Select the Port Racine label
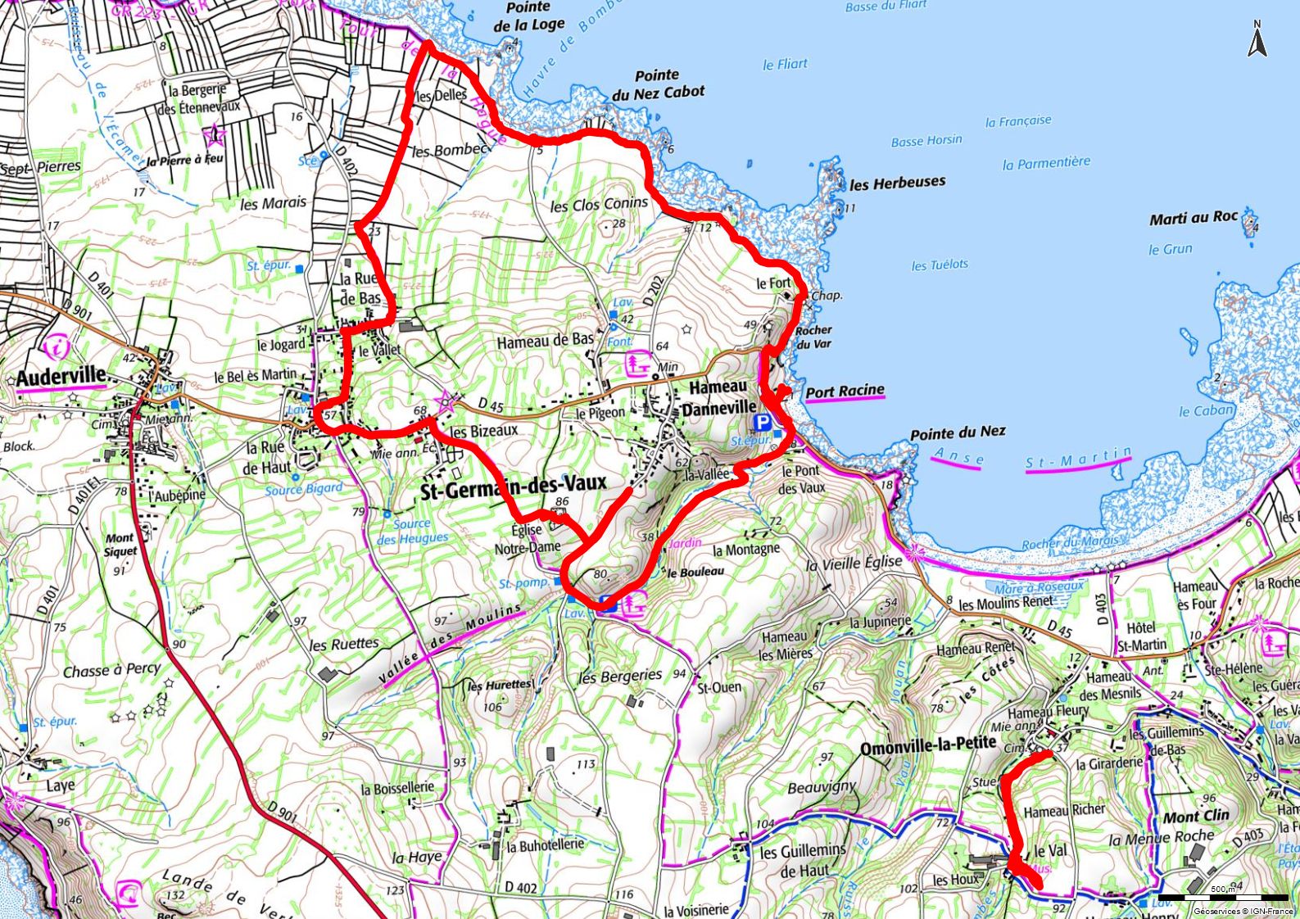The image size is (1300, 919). [845, 392]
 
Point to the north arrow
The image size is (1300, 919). [1257, 39]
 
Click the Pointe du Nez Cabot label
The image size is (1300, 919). [658, 84]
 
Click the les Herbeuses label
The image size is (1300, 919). [897, 183]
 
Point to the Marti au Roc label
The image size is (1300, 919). [1193, 218]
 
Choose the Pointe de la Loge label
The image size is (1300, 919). [528, 16]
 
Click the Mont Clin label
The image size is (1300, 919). [1196, 817]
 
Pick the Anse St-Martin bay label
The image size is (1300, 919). [1032, 459]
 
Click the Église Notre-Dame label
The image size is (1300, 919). [528, 538]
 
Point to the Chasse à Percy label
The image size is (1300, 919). [112, 670]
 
